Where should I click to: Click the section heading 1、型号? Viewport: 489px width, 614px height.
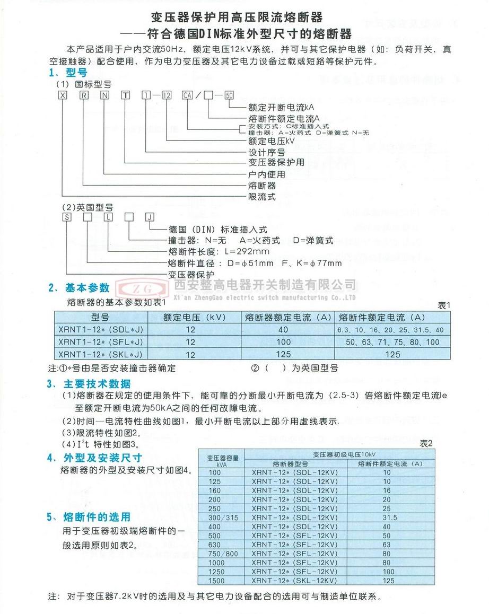[x=68, y=73]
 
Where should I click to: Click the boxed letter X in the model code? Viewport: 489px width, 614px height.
[x=64, y=96]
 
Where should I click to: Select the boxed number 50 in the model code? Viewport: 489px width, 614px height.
[x=229, y=96]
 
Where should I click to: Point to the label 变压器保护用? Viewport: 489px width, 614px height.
[x=276, y=162]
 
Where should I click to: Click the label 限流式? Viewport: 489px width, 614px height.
[x=262, y=196]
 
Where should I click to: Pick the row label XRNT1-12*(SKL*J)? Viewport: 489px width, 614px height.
[x=101, y=354]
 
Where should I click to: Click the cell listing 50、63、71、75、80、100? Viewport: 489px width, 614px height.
[x=392, y=342]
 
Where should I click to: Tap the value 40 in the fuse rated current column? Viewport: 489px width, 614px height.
[x=288, y=330]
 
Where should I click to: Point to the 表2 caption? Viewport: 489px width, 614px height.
[x=426, y=442]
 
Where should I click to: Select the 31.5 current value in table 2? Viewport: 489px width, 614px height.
[x=386, y=517]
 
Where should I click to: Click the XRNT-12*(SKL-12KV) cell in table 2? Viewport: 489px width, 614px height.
[x=295, y=581]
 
